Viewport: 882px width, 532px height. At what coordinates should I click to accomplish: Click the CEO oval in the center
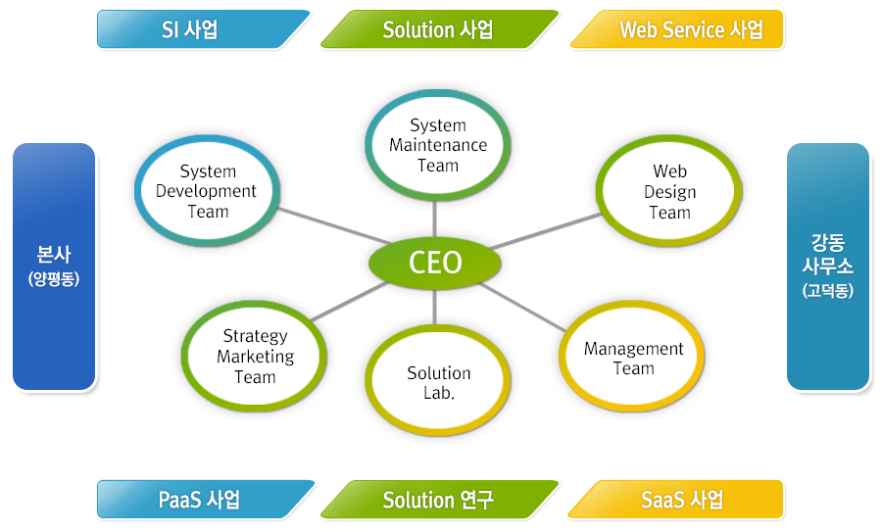click(x=435, y=263)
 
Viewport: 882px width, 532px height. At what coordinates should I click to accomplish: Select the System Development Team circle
click(x=207, y=192)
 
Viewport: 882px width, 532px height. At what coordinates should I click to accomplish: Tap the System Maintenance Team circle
click(x=437, y=145)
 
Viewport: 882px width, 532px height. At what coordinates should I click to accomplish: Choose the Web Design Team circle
click(x=669, y=192)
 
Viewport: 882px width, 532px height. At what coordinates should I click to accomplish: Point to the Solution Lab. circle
click(x=438, y=383)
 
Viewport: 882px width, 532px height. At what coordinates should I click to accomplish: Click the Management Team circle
click(x=633, y=359)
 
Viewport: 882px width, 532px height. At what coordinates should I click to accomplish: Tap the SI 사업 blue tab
click(x=202, y=29)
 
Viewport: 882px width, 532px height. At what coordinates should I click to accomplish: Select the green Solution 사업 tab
click(x=438, y=29)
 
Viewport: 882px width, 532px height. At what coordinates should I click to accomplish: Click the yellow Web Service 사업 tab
click(x=679, y=29)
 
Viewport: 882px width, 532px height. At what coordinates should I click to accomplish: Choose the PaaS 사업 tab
click(x=202, y=500)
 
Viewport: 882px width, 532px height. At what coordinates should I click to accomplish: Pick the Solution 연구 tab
click(x=438, y=500)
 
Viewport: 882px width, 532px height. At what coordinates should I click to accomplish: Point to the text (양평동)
click(x=54, y=279)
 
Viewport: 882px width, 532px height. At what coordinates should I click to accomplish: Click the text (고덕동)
click(x=828, y=290)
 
